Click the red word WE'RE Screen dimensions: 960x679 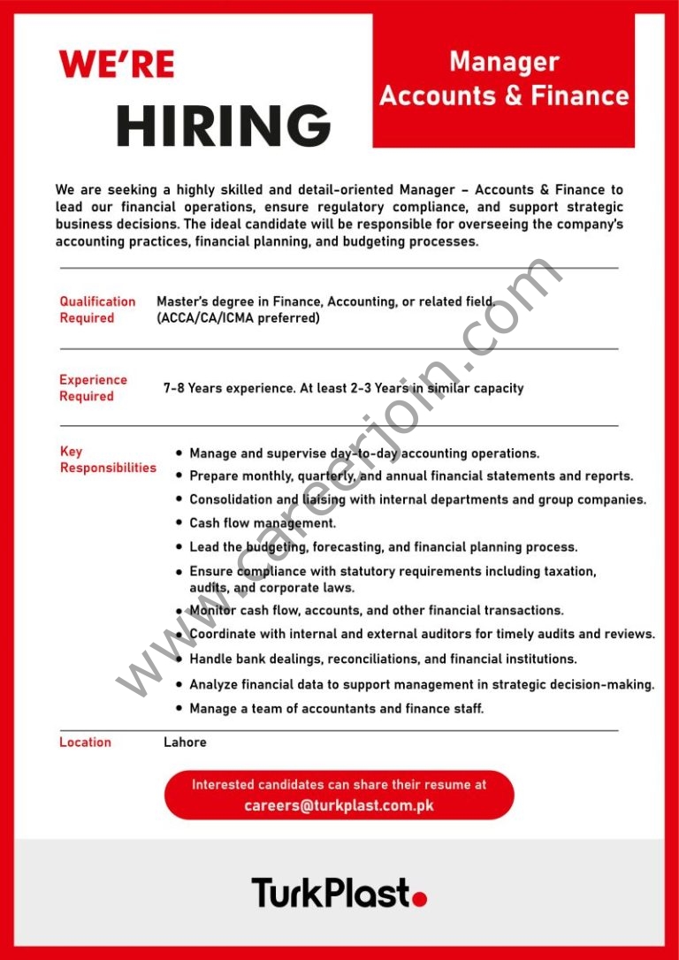click(117, 65)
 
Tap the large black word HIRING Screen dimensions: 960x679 click(223, 126)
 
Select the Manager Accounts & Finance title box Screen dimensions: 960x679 click(504, 80)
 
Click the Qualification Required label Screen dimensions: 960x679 click(97, 309)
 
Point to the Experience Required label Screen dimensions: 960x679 click(93, 388)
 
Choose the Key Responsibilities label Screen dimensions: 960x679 click(107, 460)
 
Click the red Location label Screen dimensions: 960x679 click(85, 743)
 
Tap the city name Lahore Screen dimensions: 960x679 click(185, 743)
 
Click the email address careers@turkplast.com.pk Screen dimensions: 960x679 click(339, 805)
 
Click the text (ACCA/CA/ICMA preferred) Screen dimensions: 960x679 click(238, 318)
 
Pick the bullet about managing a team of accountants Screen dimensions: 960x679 click(336, 708)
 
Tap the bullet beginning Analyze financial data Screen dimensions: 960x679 click(422, 684)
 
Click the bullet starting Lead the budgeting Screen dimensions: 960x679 click(383, 547)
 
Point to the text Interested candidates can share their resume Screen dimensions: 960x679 click(339, 784)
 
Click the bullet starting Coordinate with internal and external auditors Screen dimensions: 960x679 click(422, 634)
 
